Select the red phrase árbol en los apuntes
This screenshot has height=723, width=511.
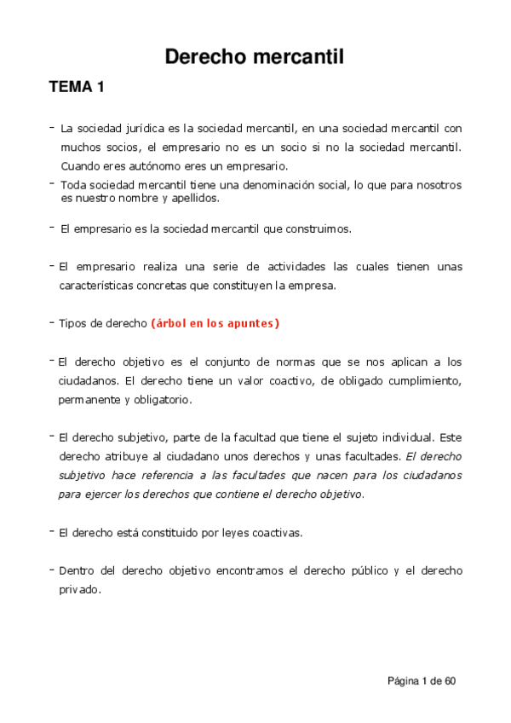click(215, 324)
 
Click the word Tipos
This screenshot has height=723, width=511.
click(73, 324)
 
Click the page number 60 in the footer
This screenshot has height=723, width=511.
click(450, 681)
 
